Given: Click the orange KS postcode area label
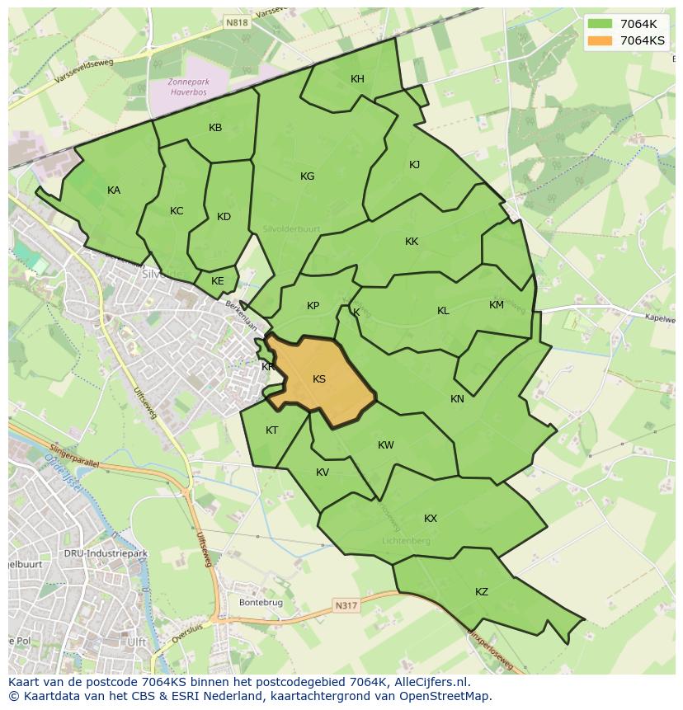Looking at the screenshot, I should (319, 379).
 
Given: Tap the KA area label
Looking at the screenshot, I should (114, 190).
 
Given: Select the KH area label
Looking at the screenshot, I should (357, 79).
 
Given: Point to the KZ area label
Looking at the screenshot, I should (482, 592).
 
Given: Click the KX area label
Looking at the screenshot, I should (431, 519).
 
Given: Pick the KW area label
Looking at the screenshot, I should (385, 445).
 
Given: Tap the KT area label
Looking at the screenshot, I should (272, 430).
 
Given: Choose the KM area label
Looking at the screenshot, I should (496, 305).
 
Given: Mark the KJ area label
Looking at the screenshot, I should (414, 165).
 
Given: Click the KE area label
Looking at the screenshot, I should (217, 281).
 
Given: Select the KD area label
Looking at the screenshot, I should (224, 217).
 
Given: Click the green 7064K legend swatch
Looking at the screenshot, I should (600, 24).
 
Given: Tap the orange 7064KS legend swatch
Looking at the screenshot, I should (600, 40).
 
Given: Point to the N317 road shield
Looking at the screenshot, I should (346, 606).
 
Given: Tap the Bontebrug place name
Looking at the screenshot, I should (261, 603).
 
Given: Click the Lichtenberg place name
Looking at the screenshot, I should (407, 541).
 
